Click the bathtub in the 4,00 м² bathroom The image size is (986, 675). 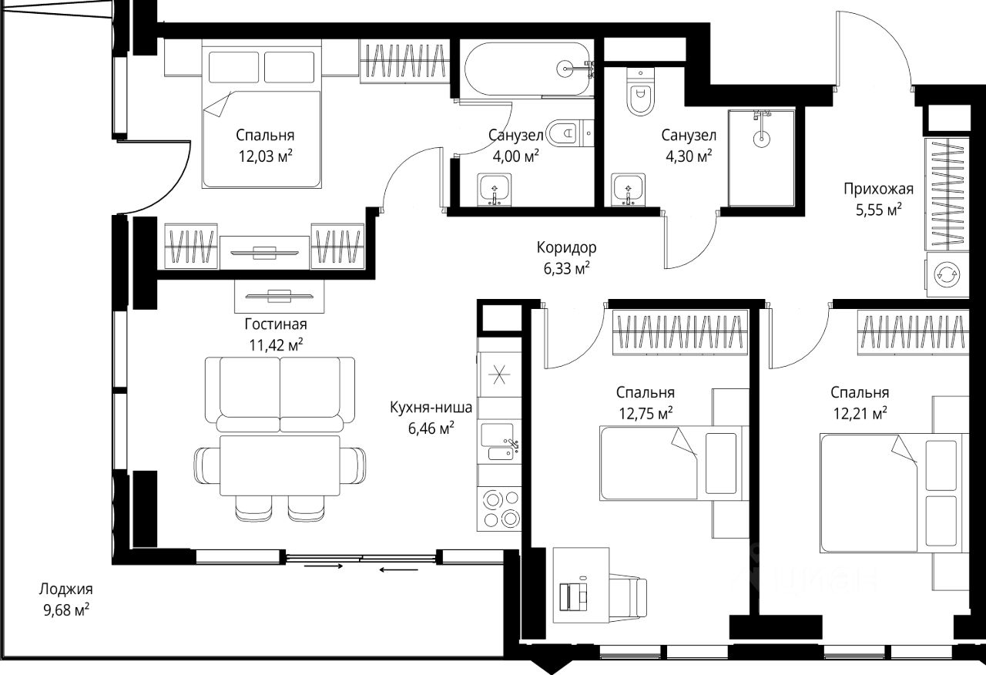click(528, 69)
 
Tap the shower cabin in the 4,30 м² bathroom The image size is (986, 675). click(762, 158)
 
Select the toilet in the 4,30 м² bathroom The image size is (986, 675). click(640, 92)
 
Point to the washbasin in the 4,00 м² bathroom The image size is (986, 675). click(495, 190)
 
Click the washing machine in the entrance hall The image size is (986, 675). click(947, 274)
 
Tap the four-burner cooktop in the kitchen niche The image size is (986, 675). click(500, 509)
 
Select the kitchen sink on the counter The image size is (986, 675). click(500, 442)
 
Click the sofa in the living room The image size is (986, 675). click(280, 394)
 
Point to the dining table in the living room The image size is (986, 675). click(280, 465)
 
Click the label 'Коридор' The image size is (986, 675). click(566, 247)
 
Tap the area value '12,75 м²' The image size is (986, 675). click(646, 413)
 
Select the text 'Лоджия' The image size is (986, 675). click(66, 589)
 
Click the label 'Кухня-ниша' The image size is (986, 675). click(431, 408)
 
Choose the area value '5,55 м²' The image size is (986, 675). click(879, 210)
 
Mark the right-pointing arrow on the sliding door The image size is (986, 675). click(323, 566)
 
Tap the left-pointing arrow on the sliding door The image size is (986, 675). click(398, 570)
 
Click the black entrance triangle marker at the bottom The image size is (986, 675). click(551, 665)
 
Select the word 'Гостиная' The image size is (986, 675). click(276, 324)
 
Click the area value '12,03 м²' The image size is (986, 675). click(266, 156)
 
